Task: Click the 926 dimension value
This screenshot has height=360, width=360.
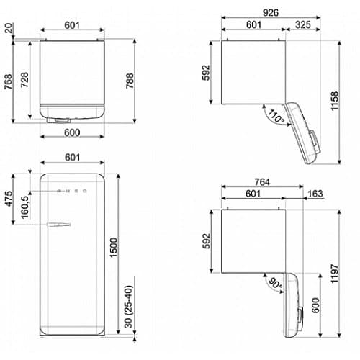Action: pos(271,13)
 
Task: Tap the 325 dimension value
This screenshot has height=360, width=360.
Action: pos(303,24)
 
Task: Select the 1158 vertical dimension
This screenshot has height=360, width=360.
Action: pos(334,101)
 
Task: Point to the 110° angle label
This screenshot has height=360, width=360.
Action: pos(276,116)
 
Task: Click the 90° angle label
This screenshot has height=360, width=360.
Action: pos(275,284)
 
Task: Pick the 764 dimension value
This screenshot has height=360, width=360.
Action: pos(262,182)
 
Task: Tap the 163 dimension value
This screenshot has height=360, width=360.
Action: pos(315,194)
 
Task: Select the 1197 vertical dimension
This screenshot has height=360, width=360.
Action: pos(334,274)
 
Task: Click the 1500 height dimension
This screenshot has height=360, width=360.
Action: pos(114,248)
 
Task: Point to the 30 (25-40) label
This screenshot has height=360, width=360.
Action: pos(128,307)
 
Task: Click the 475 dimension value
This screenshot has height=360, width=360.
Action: pos(9,199)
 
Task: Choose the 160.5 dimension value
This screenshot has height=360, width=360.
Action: pos(24,207)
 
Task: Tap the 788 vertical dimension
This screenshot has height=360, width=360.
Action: pos(130,81)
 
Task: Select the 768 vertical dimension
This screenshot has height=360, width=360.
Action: pos(8,82)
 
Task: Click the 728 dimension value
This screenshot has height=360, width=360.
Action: pos(24,80)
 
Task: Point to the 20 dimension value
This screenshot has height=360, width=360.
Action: pos(9,28)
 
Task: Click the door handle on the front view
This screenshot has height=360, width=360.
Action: pos(59,225)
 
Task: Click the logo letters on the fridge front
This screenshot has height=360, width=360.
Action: pos(72,191)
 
